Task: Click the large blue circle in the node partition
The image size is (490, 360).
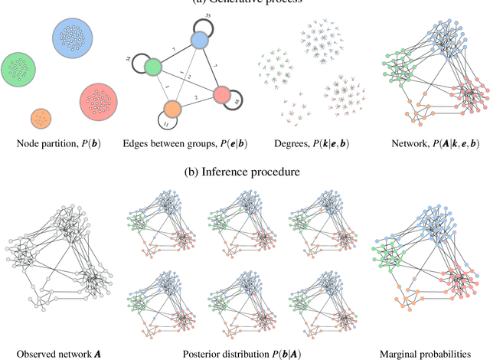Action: [75, 39]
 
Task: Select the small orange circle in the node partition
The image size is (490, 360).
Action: [41, 119]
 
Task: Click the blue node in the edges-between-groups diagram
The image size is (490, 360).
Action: [198, 41]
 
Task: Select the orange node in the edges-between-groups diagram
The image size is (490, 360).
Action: [171, 109]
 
